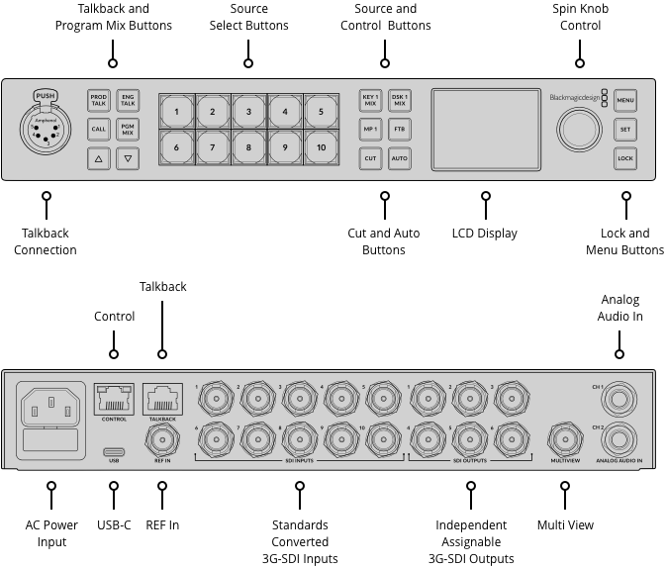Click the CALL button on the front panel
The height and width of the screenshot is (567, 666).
[99, 129]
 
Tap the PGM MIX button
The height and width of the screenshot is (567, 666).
[128, 129]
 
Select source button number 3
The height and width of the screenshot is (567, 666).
[248, 112]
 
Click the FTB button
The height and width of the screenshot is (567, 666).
[399, 129]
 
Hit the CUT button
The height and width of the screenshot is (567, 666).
[370, 157]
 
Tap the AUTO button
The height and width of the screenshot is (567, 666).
[399, 157]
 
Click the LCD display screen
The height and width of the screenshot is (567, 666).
[485, 130]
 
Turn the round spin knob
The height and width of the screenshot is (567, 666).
[580, 130]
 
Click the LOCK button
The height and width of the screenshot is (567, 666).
[624, 157]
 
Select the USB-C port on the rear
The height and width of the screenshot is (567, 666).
[114, 450]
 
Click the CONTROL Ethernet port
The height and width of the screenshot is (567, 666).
[114, 399]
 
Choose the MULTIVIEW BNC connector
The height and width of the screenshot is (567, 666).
[566, 438]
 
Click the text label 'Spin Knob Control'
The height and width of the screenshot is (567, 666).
[580, 17]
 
